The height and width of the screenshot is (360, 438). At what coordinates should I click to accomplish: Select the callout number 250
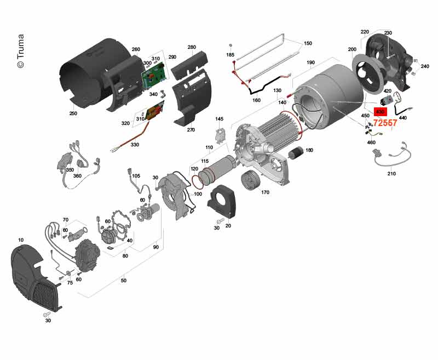[73, 113]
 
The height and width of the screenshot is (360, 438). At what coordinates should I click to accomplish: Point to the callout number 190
[310, 63]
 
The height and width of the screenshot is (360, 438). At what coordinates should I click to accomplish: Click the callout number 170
[266, 192]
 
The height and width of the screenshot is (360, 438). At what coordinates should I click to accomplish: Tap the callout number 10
[21, 240]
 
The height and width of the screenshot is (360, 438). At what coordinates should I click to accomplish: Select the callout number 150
[308, 43]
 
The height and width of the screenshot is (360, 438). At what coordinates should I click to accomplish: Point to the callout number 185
[230, 55]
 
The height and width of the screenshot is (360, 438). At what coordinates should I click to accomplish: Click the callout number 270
[191, 130]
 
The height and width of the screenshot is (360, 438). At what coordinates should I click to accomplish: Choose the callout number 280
[192, 47]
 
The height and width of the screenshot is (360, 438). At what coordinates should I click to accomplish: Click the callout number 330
[135, 145]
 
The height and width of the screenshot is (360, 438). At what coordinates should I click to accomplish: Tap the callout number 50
[123, 281]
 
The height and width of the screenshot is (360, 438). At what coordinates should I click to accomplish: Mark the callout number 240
[425, 66]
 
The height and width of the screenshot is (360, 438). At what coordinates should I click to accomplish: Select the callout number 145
[220, 119]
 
